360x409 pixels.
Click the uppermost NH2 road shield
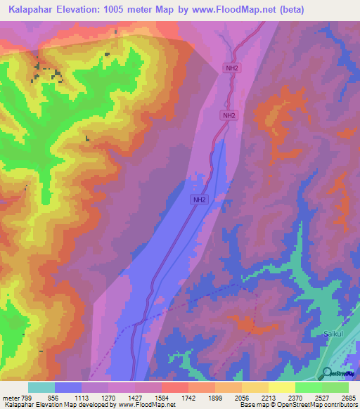(x=231, y=68)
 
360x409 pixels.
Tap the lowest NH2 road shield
(x=200, y=200)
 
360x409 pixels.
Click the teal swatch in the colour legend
(x=41, y=387)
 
